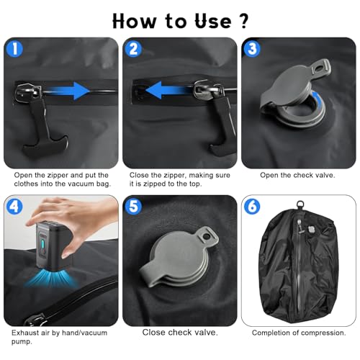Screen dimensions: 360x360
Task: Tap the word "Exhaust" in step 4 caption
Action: [x=26, y=333]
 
